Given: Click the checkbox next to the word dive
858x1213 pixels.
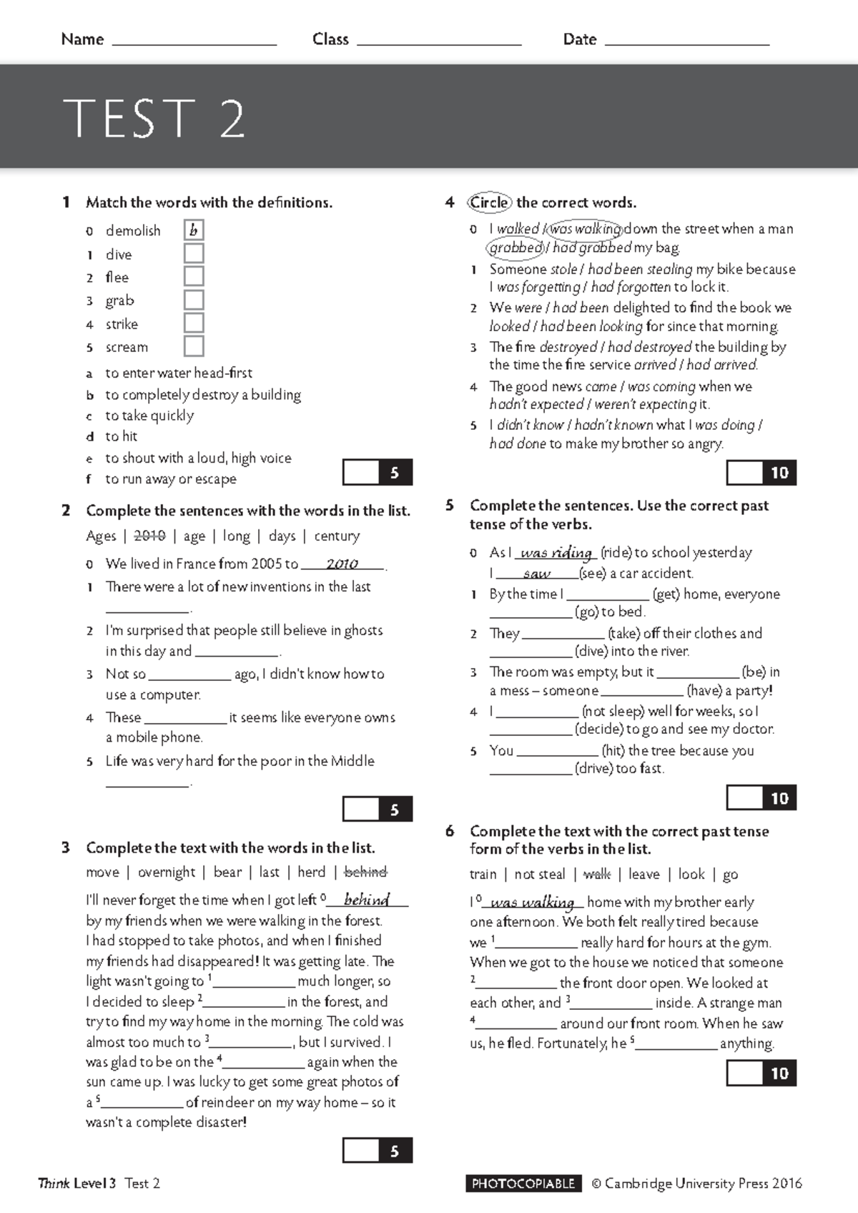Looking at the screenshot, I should [x=194, y=254].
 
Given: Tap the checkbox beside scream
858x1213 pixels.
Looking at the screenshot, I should [x=194, y=346].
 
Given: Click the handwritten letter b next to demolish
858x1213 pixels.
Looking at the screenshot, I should [x=194, y=230].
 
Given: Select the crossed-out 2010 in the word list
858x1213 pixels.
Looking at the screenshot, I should [x=149, y=536].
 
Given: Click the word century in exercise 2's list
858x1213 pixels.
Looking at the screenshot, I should [x=337, y=536].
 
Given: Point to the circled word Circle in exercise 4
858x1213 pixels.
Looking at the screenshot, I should [x=490, y=202].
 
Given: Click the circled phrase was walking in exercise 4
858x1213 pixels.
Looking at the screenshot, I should [x=585, y=229].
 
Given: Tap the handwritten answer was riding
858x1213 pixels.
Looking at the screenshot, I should [x=556, y=553].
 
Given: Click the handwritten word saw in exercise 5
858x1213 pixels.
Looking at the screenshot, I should [x=536, y=574].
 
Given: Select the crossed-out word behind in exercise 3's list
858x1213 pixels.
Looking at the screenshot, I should [x=365, y=872].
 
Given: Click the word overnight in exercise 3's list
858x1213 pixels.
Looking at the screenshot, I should [x=166, y=872].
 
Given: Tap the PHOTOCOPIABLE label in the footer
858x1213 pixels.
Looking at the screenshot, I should [x=523, y=1184].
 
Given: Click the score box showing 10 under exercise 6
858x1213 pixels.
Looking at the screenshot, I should [x=761, y=1073].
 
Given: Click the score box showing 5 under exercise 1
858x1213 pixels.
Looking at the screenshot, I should [x=378, y=473].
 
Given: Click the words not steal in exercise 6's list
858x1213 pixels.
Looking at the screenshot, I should [x=540, y=874].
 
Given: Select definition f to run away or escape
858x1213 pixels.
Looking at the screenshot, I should [x=170, y=479].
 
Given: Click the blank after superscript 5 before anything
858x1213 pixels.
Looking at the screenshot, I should [x=676, y=1043].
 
